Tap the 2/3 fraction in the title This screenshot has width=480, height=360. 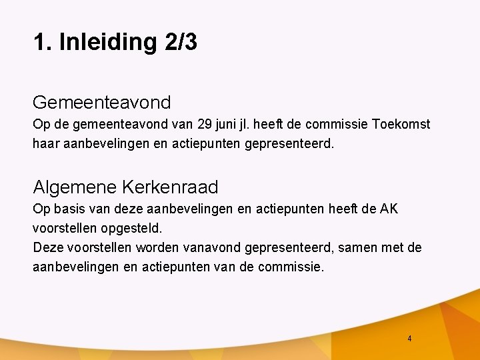click(179, 43)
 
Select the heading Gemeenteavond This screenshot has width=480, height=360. click(102, 103)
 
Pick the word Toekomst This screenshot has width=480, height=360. click(401, 125)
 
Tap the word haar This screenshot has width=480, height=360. click(46, 143)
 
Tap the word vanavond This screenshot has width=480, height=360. click(211, 248)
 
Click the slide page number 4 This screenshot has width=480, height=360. click(409, 339)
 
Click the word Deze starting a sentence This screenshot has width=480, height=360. click(48, 248)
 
